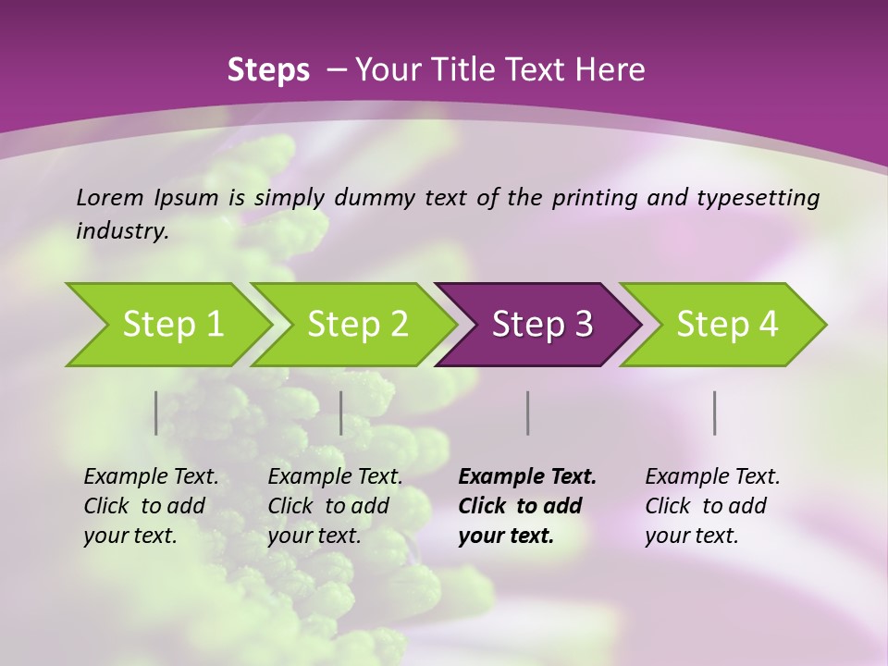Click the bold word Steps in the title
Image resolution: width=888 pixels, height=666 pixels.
(x=268, y=70)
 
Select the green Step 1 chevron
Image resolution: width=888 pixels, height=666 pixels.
(x=166, y=325)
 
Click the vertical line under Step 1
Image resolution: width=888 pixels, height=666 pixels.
(x=156, y=413)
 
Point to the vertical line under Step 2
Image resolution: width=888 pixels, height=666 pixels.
(x=341, y=413)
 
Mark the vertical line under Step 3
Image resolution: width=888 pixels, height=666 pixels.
(x=528, y=413)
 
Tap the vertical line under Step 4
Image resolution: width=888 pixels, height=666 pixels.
(x=715, y=413)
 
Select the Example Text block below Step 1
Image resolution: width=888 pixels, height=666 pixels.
(x=151, y=506)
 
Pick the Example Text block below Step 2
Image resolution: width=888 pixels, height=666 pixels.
(x=335, y=506)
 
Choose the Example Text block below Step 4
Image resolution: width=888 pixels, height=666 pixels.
(x=712, y=506)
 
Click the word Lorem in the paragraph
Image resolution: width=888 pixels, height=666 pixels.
(x=110, y=198)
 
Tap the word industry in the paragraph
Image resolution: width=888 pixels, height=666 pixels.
(x=122, y=231)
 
